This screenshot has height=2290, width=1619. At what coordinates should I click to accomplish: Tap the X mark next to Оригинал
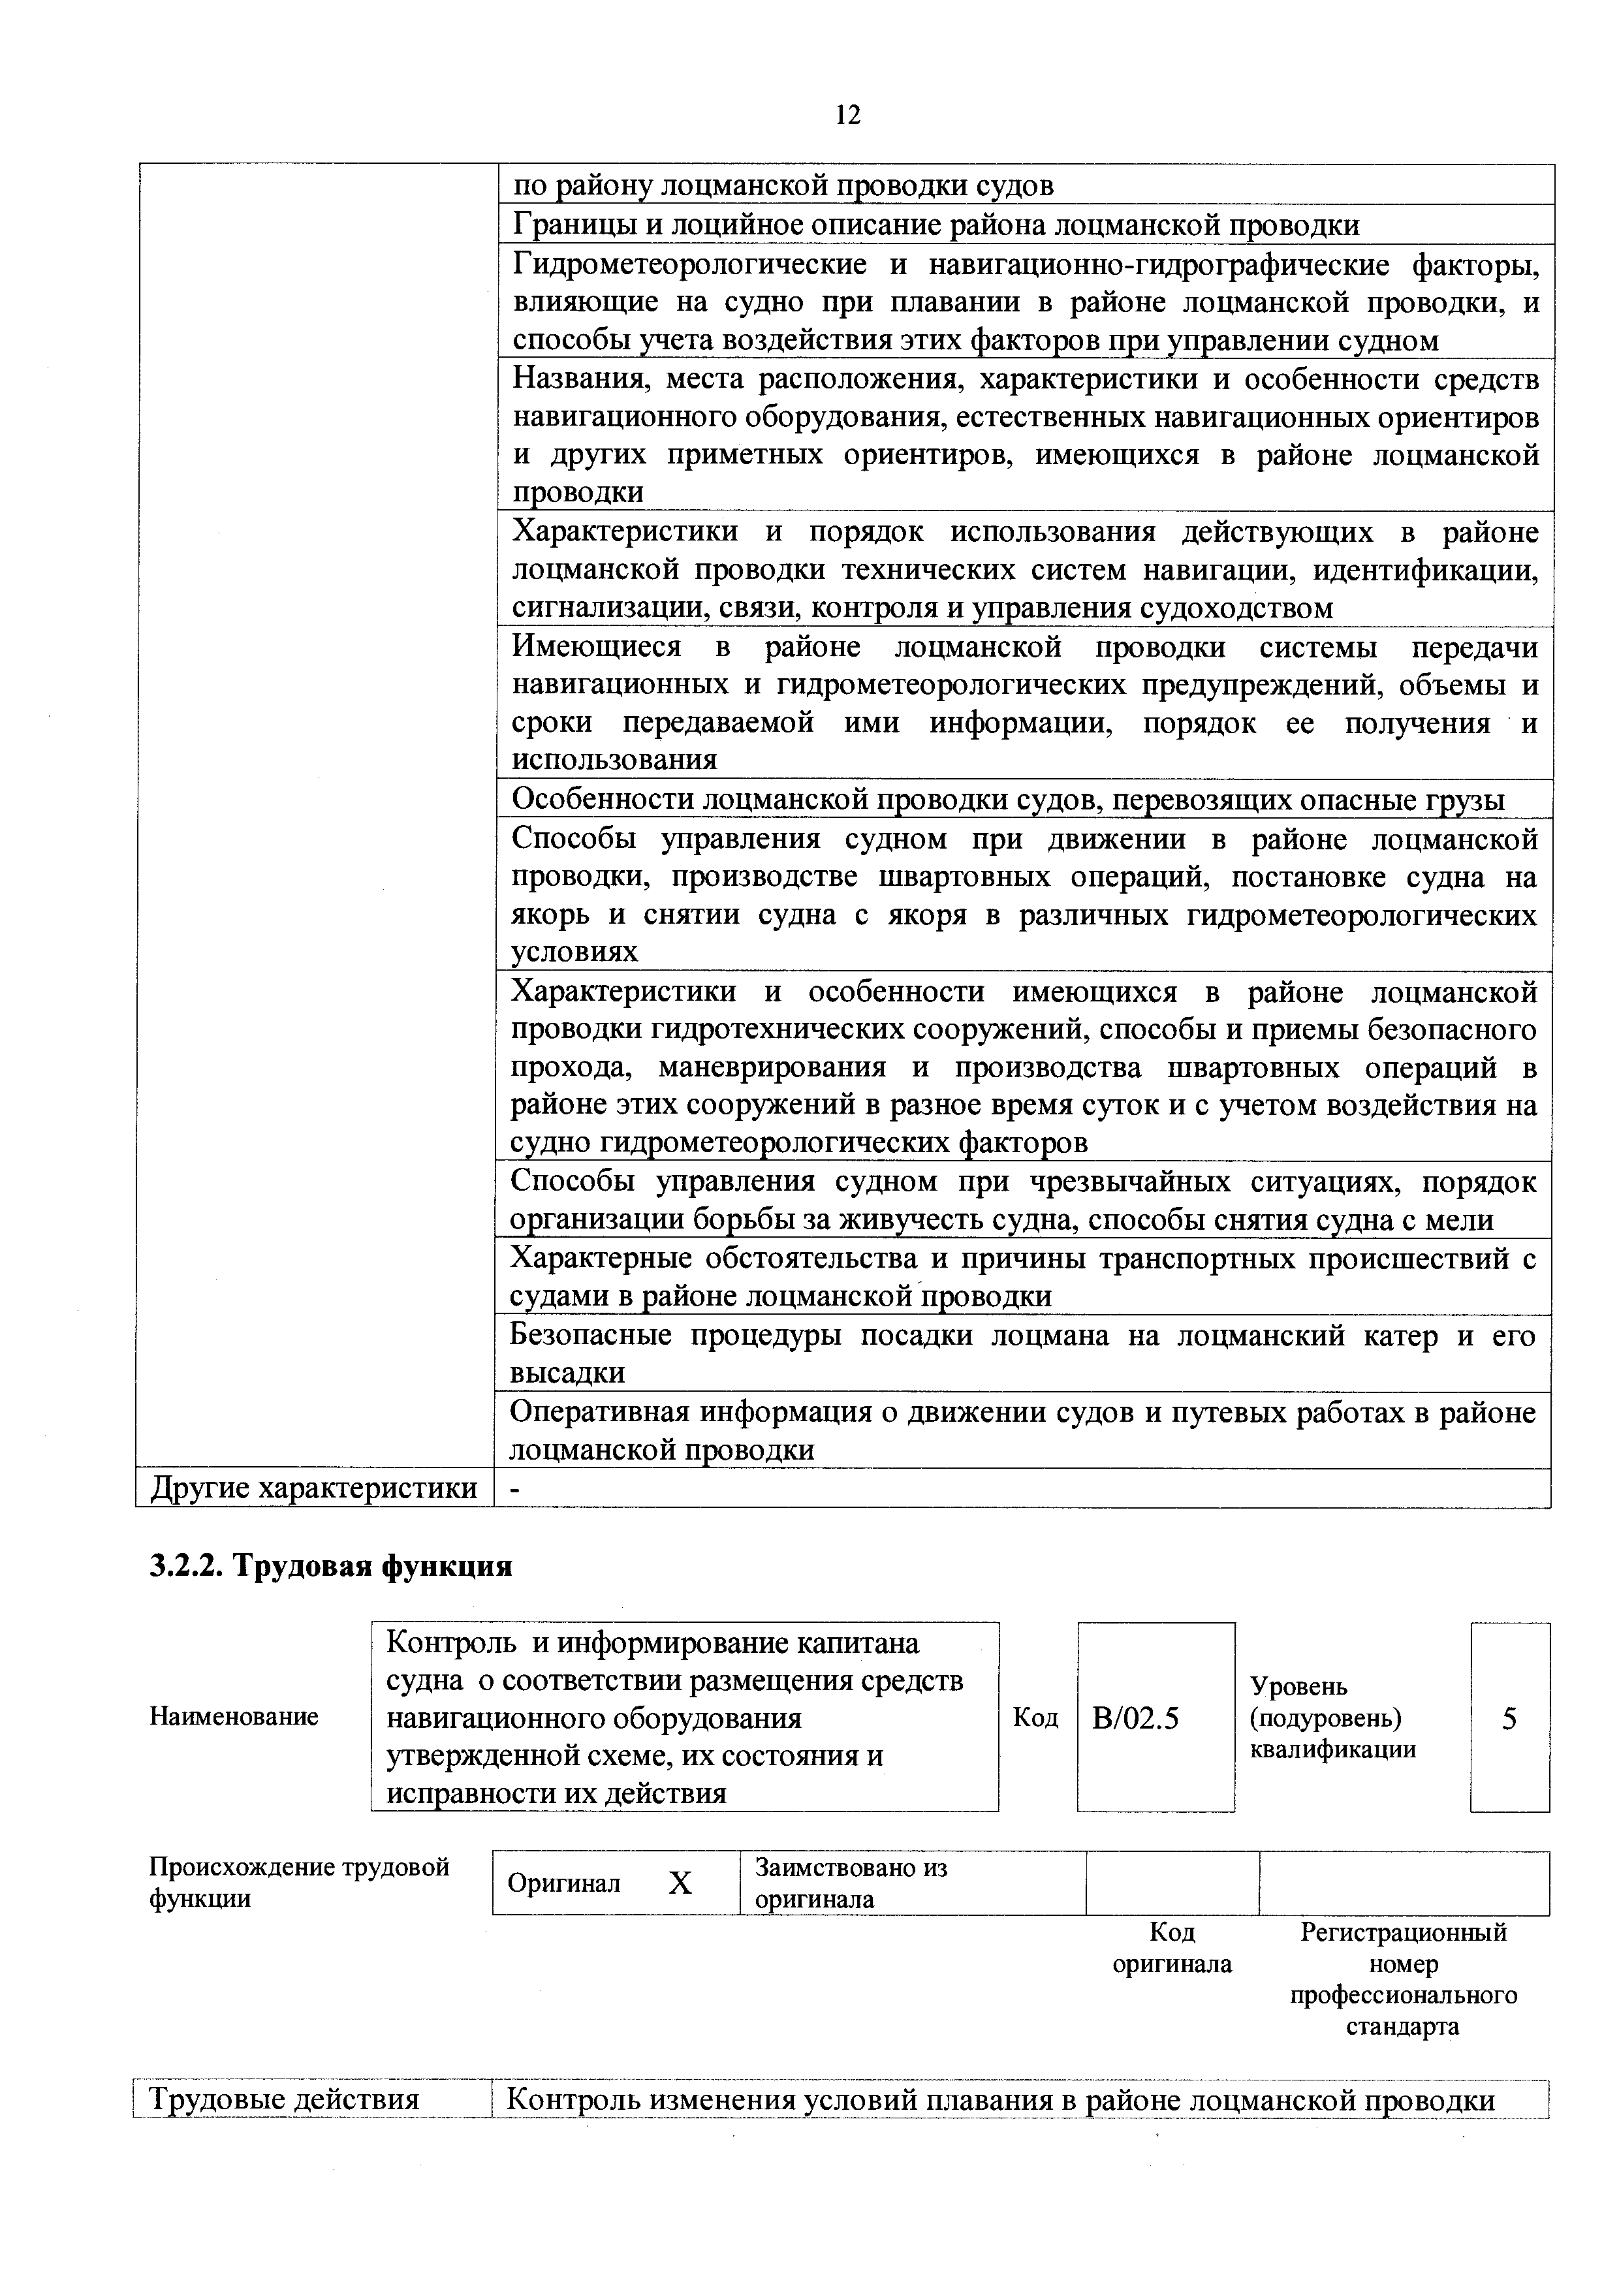[x=680, y=1883]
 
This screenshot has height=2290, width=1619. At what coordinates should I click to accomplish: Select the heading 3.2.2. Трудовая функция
[x=330, y=1566]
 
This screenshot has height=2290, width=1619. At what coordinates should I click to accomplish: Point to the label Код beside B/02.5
[x=1035, y=1717]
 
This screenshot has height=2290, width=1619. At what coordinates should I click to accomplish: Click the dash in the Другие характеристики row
[x=514, y=1488]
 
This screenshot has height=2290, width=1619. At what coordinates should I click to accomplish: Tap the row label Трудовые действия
[x=283, y=2101]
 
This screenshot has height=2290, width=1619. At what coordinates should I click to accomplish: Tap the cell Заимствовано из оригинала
[x=851, y=1883]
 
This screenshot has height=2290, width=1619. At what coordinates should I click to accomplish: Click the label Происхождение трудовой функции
[x=299, y=1882]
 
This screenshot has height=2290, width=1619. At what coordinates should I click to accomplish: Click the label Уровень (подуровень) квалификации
[x=1332, y=1717]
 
